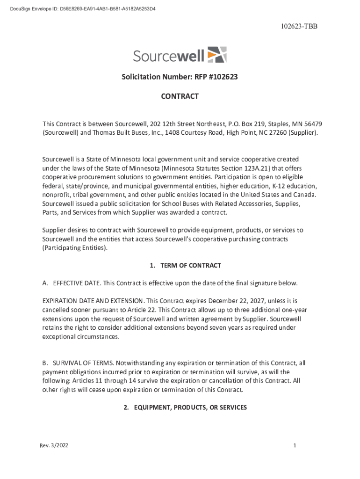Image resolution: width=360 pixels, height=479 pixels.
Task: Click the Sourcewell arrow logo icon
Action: pos(216,55)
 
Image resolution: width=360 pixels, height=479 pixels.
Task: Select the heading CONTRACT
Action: pos(180,96)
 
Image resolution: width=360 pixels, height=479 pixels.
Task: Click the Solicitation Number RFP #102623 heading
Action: pos(180,77)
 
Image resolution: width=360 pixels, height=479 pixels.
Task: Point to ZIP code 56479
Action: pos(312,124)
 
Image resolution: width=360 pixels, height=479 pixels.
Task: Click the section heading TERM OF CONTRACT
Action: pos(190,265)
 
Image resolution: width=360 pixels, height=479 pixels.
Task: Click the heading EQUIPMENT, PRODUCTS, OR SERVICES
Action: pos(190,407)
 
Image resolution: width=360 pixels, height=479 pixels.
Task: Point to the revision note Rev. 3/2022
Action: pos(54,446)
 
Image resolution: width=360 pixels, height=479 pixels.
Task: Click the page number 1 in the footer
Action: pos(295,446)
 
